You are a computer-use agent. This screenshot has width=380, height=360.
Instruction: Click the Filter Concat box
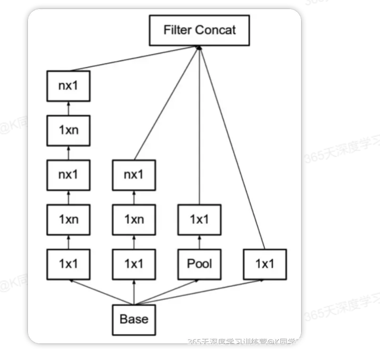point(199,30)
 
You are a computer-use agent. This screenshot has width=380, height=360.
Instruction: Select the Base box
point(134,319)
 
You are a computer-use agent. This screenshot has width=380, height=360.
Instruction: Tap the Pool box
point(199,263)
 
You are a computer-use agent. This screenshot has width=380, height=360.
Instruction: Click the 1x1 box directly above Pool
point(199,219)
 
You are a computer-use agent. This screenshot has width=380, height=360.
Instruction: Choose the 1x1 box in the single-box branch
point(264,263)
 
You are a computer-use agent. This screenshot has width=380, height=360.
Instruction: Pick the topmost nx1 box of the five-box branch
point(68,86)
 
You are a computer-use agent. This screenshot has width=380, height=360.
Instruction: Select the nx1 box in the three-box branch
point(134,175)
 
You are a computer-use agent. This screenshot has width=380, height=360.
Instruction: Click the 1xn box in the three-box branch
point(134,219)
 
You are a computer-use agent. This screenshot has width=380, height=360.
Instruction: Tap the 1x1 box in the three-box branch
point(134,263)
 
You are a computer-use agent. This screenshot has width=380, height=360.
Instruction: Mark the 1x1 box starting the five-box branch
point(68,263)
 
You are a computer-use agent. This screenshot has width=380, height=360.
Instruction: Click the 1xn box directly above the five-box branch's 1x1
point(68,219)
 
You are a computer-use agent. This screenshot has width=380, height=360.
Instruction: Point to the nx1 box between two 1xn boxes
point(68,175)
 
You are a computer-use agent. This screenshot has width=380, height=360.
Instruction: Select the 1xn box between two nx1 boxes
point(68,130)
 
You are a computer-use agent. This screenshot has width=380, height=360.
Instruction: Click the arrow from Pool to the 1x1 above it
point(199,241)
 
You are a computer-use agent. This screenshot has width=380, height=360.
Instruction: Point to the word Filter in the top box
point(177,30)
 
